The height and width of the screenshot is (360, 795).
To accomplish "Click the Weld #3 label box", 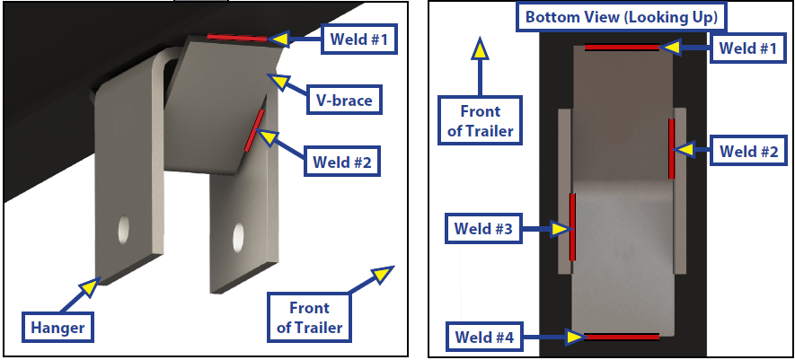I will pyautogui.click(x=483, y=230).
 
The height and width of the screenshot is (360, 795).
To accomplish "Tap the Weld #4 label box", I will pyautogui.click(x=483, y=338).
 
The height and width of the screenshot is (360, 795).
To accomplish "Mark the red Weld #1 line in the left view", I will pyautogui.click(x=237, y=38).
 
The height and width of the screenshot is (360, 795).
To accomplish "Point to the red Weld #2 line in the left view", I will pyautogui.click(x=254, y=130).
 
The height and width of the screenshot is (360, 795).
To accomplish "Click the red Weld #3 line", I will pyautogui.click(x=571, y=225).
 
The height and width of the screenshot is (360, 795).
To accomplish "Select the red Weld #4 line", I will pyautogui.click(x=621, y=337).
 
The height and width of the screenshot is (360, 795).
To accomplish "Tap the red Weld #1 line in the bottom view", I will pyautogui.click(x=622, y=47).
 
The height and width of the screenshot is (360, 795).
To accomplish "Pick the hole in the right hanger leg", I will pyautogui.click(x=238, y=237).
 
